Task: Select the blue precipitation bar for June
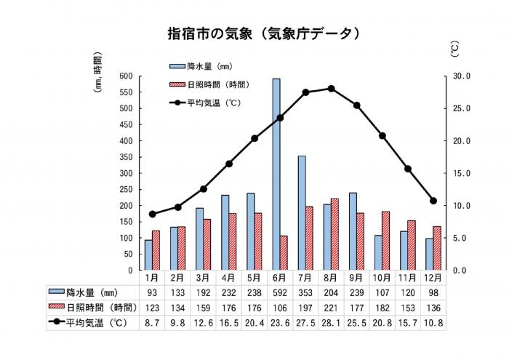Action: coord(276,175)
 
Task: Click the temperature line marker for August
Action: coord(331,88)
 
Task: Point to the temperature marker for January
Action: coord(152,214)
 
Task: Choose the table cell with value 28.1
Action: coord(331,319)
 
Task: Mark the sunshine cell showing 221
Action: coord(331,305)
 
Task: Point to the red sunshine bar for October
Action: coord(385,241)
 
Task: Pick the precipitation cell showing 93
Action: coord(153,291)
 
